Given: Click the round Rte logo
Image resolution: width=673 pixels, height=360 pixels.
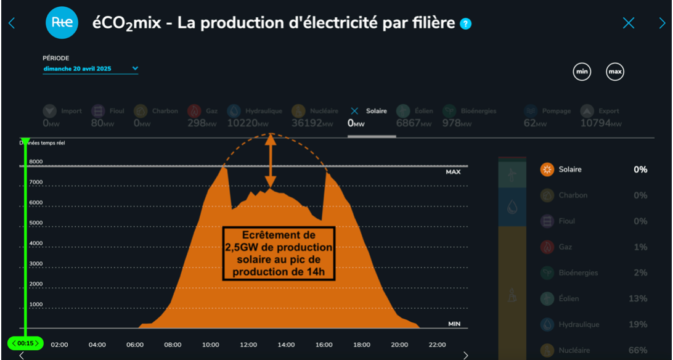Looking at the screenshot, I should pos(62,23).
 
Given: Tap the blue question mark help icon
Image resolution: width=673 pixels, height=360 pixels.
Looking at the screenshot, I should pos(466,24).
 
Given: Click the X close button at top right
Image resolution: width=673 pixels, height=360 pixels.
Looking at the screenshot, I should pos(628,23).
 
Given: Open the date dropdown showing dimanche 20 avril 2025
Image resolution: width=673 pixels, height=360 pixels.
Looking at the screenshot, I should pos(91,69).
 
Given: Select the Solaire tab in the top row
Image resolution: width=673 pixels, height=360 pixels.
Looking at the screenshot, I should pos(372,112).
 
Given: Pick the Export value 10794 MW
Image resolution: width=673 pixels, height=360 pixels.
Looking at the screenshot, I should pos(600,123).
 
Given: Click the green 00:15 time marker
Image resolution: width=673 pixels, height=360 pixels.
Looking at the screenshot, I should pos(25,343).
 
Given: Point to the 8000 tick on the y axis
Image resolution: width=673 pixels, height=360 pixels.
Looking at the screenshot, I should pos(36,162).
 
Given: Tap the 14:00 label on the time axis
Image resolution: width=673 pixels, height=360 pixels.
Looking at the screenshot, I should pos(286,345).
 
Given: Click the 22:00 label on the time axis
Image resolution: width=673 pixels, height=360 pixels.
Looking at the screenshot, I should pos(437,345).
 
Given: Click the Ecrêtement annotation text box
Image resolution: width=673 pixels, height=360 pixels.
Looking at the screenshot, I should pos(279,253).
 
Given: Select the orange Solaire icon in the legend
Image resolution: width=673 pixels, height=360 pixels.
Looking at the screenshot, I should pos(546,170).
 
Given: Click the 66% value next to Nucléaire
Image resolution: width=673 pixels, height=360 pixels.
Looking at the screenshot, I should pos(638,350).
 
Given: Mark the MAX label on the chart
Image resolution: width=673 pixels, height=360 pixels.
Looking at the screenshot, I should pos(453,172).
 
